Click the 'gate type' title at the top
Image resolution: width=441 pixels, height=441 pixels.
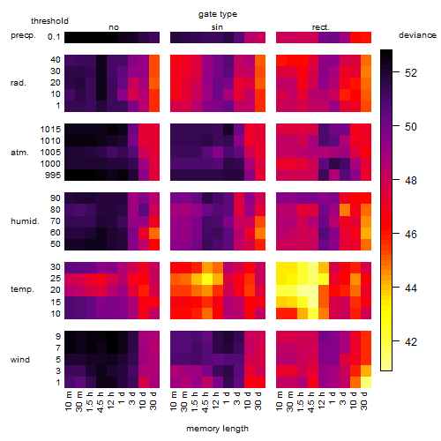pyautogui.click(x=218, y=14)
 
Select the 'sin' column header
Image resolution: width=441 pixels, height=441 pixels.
pyautogui.click(x=217, y=27)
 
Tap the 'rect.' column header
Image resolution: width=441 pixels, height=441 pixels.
pyautogui.click(x=321, y=27)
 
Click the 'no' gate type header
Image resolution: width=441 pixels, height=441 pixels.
pyautogui.click(x=114, y=27)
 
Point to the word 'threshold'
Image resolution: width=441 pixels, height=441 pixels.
pyautogui.click(x=49, y=21)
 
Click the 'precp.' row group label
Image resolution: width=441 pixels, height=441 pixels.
pyautogui.click(x=23, y=35)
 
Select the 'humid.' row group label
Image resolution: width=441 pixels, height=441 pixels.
pyautogui.click(x=25, y=220)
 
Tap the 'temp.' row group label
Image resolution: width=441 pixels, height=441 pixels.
pyautogui.click(x=22, y=289)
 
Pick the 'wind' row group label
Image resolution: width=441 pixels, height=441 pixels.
pyautogui.click(x=20, y=359)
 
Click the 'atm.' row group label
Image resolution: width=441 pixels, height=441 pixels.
pyautogui.click(x=19, y=153)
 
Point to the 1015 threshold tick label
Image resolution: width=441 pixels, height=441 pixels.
pyautogui.click(x=50, y=130)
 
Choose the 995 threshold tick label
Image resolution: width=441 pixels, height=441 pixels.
pyautogui.click(x=53, y=176)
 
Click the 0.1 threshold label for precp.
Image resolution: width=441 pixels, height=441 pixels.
pyautogui.click(x=54, y=37)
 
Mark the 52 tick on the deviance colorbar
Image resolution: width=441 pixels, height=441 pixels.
pyautogui.click(x=411, y=72)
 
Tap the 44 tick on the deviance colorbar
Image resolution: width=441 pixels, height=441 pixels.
pyautogui.click(x=411, y=288)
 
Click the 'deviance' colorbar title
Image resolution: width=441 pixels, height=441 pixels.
pyautogui.click(x=417, y=35)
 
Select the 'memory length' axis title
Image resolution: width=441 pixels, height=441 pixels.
pyautogui.click(x=217, y=429)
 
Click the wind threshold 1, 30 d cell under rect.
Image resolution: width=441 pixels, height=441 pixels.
pyautogui.click(x=366, y=383)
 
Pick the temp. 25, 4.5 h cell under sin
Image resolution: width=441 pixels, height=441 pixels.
pyautogui.click(x=207, y=279)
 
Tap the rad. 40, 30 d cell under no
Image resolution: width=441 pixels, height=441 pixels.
pyautogui.click(x=154, y=60)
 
